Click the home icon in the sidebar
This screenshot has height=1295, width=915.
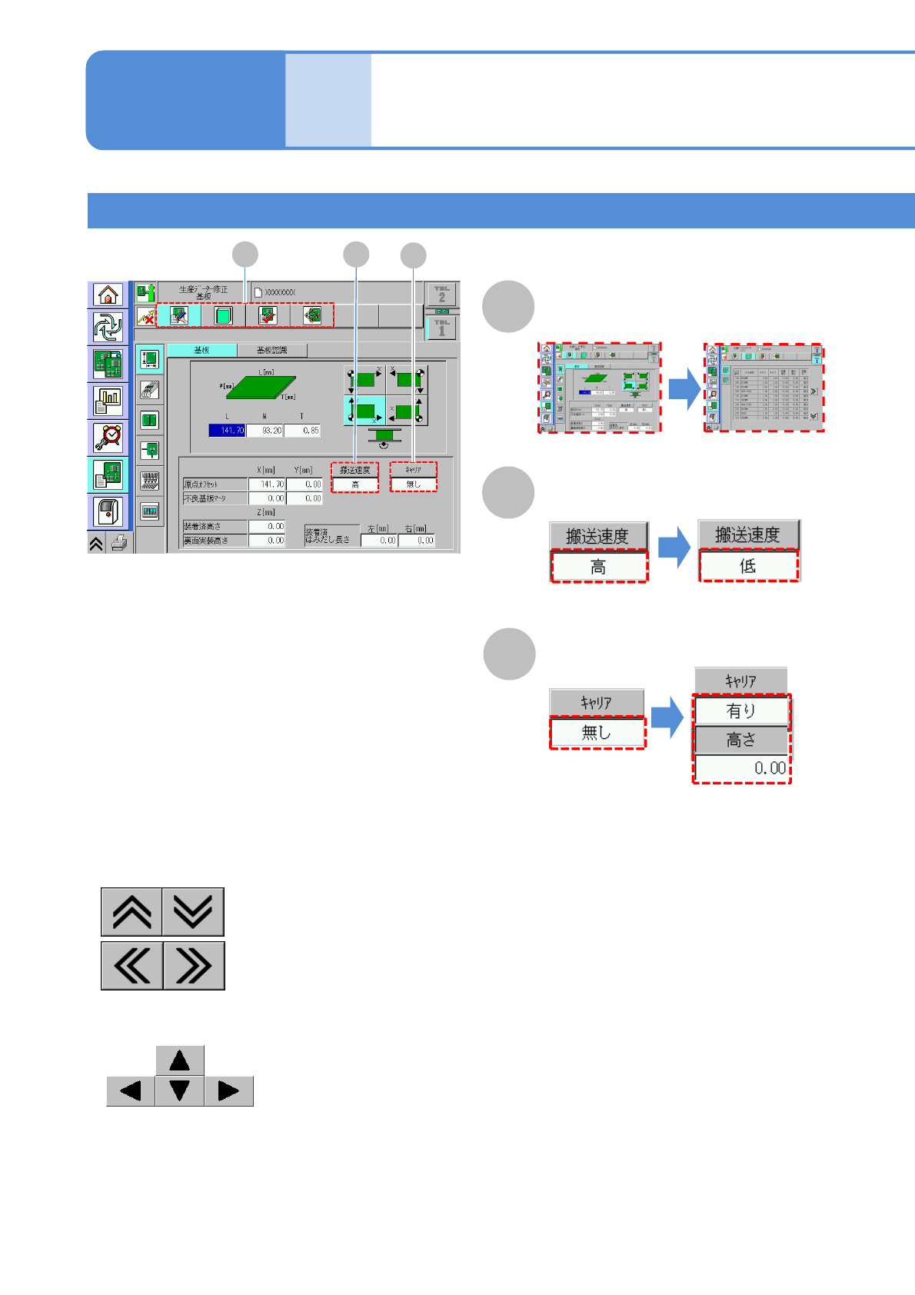click(x=108, y=295)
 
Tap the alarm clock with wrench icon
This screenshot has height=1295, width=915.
click(x=108, y=438)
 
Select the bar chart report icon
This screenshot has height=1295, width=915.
click(x=108, y=400)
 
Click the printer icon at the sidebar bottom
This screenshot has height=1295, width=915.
click(x=119, y=544)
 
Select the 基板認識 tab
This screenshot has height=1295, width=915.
click(x=272, y=351)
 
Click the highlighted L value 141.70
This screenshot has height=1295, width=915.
click(x=227, y=431)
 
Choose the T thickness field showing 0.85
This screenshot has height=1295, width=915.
click(x=302, y=431)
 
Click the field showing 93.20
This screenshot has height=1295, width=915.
click(x=265, y=431)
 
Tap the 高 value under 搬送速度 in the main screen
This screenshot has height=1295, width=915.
click(x=355, y=484)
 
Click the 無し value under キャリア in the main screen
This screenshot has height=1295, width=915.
click(x=414, y=484)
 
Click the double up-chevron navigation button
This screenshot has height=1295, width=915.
click(x=131, y=912)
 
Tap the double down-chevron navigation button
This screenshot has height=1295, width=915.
click(x=193, y=912)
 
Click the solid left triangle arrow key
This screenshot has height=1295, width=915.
click(x=131, y=1091)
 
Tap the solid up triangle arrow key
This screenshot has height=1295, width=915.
click(x=180, y=1061)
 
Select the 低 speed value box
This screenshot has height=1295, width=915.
click(x=748, y=566)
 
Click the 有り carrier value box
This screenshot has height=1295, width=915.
click(x=741, y=711)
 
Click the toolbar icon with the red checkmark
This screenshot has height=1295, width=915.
click(x=268, y=315)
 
